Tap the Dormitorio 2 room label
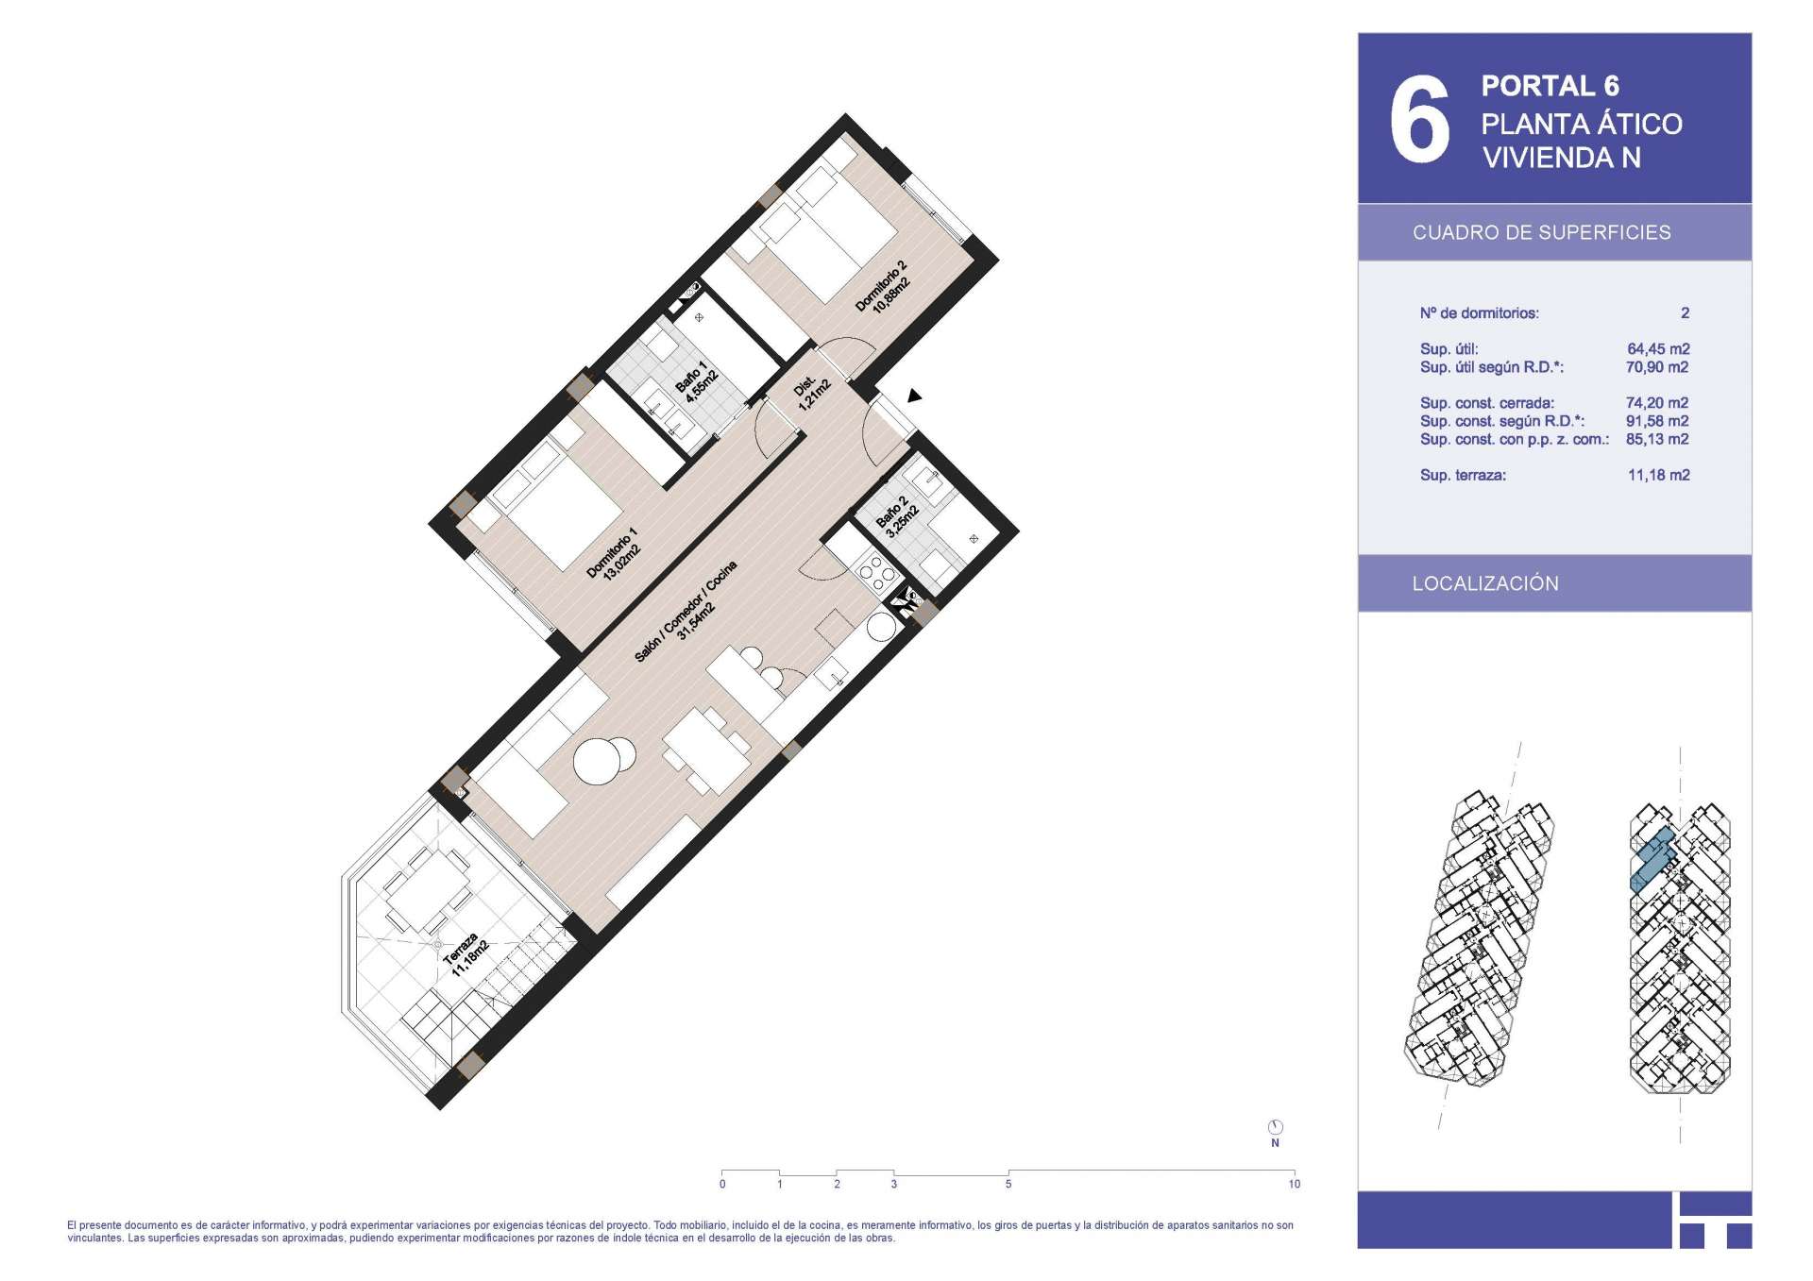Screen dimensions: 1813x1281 tap(882, 288)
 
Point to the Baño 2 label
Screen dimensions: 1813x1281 tap(897, 517)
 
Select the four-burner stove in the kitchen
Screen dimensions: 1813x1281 tap(874, 571)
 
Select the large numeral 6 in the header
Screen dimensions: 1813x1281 tap(1419, 120)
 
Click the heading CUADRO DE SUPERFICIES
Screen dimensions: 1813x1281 tap(1541, 232)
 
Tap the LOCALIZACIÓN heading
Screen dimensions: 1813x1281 tap(1485, 583)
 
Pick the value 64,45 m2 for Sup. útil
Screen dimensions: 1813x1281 tap(1658, 349)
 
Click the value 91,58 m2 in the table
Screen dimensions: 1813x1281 tap(1657, 421)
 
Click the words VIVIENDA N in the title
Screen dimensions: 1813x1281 tap(1561, 158)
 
